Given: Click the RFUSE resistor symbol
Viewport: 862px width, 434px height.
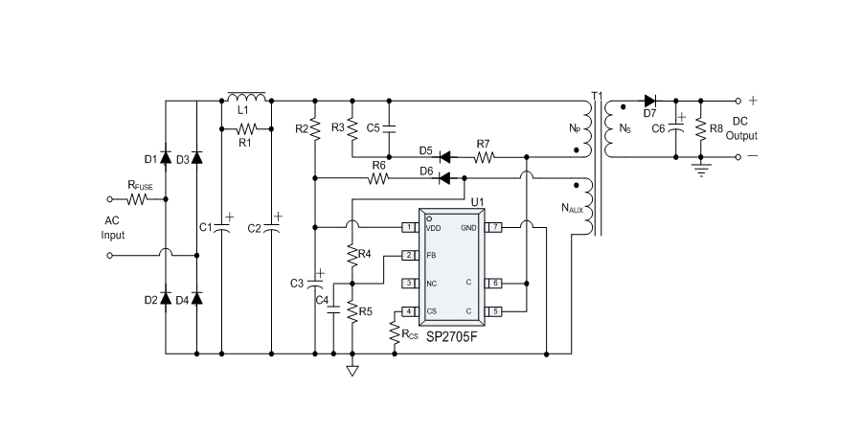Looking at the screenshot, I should click(x=136, y=199).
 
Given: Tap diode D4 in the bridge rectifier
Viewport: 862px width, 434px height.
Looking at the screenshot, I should click(x=196, y=299).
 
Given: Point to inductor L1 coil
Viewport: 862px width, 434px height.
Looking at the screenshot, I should click(x=246, y=99).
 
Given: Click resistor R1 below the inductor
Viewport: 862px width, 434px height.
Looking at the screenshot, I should click(x=247, y=127).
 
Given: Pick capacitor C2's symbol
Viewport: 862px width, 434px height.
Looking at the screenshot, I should click(x=272, y=227).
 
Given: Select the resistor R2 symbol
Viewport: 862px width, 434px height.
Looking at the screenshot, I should click(x=315, y=127).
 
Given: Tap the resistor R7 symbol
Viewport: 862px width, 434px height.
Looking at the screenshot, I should click(x=485, y=156).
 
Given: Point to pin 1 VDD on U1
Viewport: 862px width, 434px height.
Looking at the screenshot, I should click(x=409, y=227).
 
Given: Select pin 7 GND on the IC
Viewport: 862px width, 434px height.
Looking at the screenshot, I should click(x=493, y=227).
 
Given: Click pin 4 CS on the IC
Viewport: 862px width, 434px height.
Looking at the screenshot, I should click(x=409, y=311).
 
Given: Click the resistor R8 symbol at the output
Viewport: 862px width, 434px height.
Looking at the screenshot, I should click(x=702, y=127).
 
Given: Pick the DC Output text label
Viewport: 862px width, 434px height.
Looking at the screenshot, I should click(x=742, y=128).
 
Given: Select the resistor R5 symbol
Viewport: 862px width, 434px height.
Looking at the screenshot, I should click(x=352, y=311).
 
